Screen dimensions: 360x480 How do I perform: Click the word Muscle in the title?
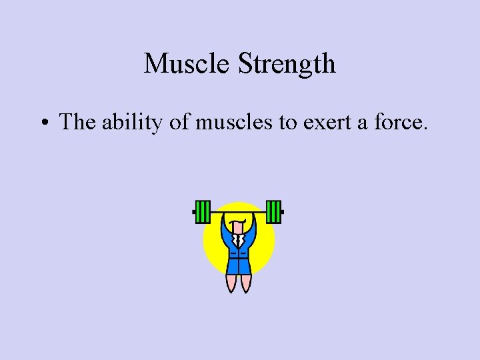click(x=187, y=64)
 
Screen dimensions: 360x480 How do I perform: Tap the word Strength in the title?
click(x=287, y=64)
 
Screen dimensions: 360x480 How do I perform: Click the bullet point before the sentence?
click(x=44, y=123)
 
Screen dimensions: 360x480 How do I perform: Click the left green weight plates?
click(x=203, y=212)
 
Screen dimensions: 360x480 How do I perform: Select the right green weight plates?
click(x=273, y=212)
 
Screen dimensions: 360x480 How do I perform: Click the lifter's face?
click(x=238, y=227)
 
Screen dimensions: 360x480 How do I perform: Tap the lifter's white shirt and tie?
click(x=238, y=239)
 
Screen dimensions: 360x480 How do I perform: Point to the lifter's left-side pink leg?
click(x=231, y=283)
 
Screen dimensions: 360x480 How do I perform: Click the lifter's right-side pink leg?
click(x=245, y=283)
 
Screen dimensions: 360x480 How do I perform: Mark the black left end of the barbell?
click(x=194, y=213)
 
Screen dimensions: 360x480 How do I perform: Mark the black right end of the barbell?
click(x=283, y=213)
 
